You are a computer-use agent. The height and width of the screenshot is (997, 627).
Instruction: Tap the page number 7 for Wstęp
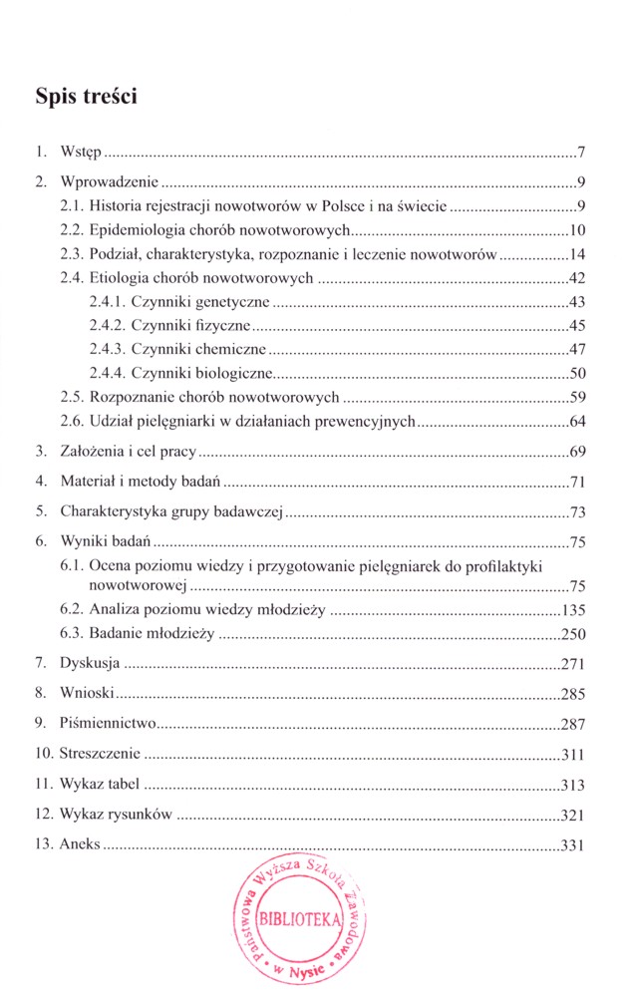[x=580, y=154]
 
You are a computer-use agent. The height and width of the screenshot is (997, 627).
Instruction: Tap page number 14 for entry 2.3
[x=575, y=253]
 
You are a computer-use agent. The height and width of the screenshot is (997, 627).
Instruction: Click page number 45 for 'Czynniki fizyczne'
[x=575, y=325]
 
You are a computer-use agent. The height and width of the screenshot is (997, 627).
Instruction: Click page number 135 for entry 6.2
[x=572, y=610]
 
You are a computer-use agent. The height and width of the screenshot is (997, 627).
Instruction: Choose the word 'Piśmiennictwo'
[x=106, y=724]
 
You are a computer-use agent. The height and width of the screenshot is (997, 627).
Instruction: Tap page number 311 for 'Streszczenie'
[x=572, y=754]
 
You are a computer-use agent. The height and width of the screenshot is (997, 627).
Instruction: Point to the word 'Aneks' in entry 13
[x=81, y=845]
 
